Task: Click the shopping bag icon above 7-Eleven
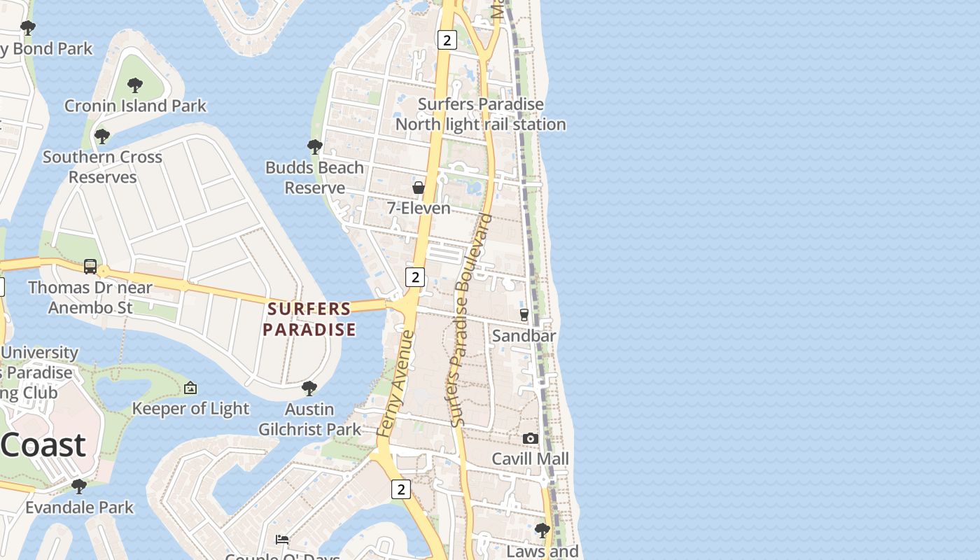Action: point(419,188)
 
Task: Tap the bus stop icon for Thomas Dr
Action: point(90,267)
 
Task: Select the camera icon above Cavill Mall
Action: point(531,438)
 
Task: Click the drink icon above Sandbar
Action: point(524,315)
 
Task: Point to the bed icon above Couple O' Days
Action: point(282,540)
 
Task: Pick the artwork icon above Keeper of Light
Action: point(190,388)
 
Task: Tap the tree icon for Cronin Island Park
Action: point(135,85)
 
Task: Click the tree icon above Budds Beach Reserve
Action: point(315,146)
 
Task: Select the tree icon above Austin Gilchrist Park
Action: point(309,388)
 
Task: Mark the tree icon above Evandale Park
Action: point(79,486)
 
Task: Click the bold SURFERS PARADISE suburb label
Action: point(309,319)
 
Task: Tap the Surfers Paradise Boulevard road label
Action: point(468,321)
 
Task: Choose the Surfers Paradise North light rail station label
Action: point(481,115)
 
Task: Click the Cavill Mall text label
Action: point(530,459)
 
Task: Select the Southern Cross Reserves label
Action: point(102,167)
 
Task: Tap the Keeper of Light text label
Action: point(190,409)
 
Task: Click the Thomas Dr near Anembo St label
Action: point(90,297)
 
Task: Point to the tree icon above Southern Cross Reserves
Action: point(102,136)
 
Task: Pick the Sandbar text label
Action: point(524,336)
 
